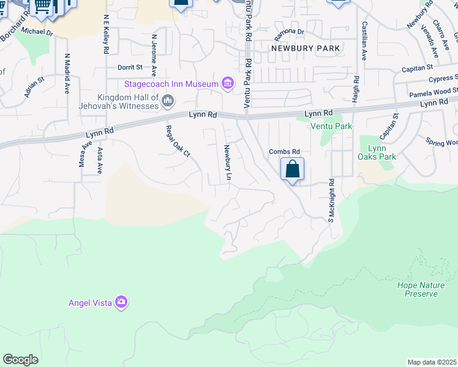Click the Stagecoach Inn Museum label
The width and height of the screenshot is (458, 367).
pyautogui.click(x=171, y=84)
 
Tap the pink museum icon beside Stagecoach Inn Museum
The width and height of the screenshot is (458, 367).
pyautogui.click(x=228, y=83)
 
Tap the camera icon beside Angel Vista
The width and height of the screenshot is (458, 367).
pyautogui.click(x=121, y=302)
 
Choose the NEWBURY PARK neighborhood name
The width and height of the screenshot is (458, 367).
pyautogui.click(x=298, y=48)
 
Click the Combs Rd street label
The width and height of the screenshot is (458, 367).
pyautogui.click(x=285, y=152)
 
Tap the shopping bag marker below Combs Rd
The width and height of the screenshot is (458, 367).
pyautogui.click(x=293, y=169)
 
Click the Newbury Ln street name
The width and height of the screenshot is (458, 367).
pyautogui.click(x=228, y=163)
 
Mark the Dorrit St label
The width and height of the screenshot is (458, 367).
pyautogui.click(x=130, y=67)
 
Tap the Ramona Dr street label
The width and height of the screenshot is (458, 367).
pyautogui.click(x=290, y=31)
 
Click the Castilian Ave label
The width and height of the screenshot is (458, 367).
pyautogui.click(x=364, y=40)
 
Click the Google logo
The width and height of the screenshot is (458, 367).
pyautogui.click(x=20, y=360)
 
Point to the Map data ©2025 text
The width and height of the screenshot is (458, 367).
pyautogui.click(x=432, y=362)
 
